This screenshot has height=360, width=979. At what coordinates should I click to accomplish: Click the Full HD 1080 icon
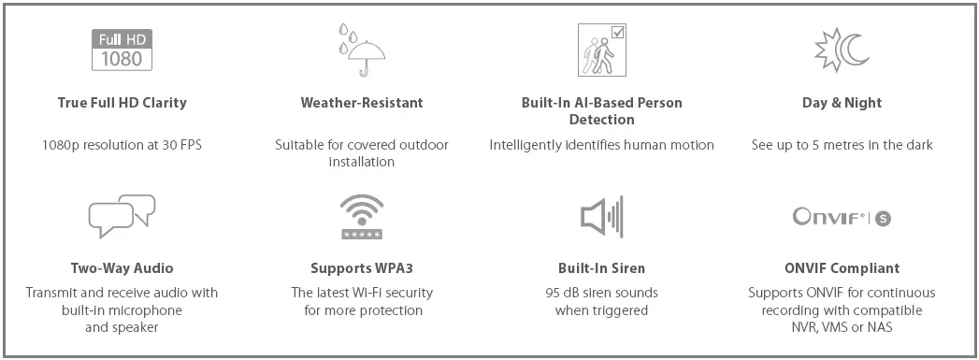pyautogui.click(x=122, y=50)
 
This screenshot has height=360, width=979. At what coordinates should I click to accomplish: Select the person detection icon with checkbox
pyautogui.click(x=601, y=50)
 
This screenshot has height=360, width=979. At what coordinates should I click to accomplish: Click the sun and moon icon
pyautogui.click(x=842, y=50)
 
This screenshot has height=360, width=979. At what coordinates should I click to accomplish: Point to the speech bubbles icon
pyautogui.click(x=122, y=218)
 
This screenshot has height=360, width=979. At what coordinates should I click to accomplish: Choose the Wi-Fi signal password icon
pyautogui.click(x=361, y=218)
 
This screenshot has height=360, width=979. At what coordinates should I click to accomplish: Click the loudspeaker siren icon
pyautogui.click(x=601, y=218)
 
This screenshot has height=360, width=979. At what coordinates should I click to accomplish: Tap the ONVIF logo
pyautogui.click(x=842, y=218)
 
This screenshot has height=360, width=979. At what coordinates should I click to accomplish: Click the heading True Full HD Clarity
pyautogui.click(x=122, y=103)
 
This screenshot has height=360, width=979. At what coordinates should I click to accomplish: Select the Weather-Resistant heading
pyautogui.click(x=361, y=103)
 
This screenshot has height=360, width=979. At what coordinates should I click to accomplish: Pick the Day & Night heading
pyautogui.click(x=842, y=103)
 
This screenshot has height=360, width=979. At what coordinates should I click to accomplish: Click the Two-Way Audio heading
pyautogui.click(x=122, y=268)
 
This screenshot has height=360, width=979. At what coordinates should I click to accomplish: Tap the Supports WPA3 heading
pyautogui.click(x=361, y=268)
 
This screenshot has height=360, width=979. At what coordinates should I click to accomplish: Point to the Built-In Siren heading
pyautogui.click(x=601, y=268)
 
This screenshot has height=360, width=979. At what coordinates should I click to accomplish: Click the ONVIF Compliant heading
pyautogui.click(x=842, y=268)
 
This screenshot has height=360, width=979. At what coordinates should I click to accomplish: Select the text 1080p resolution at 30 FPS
pyautogui.click(x=122, y=145)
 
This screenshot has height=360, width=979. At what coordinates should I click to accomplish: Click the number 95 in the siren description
pyautogui.click(x=553, y=293)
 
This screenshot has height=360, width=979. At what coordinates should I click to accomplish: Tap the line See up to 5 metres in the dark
pyautogui.click(x=842, y=145)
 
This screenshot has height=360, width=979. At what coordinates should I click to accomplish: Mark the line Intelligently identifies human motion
pyautogui.click(x=601, y=145)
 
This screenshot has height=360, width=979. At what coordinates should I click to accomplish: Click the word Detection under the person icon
pyautogui.click(x=601, y=120)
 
